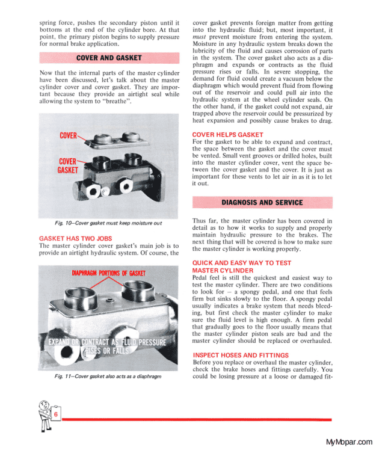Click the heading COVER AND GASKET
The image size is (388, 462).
tap(109, 58)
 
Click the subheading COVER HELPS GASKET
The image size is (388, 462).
tap(227, 135)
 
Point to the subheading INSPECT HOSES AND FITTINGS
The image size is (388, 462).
tap(240, 355)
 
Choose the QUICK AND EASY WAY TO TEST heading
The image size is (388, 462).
tap(241, 263)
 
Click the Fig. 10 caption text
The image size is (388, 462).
tap(108, 224)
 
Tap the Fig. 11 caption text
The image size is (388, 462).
tap(108, 377)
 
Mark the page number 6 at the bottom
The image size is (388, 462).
tap(55, 416)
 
